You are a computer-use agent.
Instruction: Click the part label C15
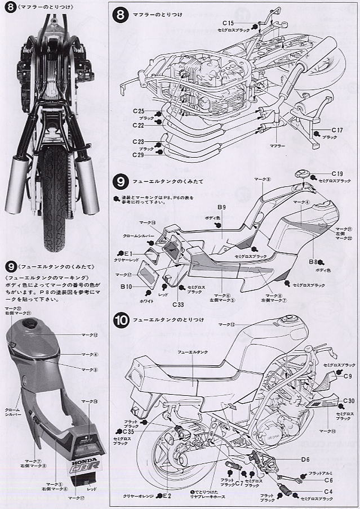(x=228, y=23)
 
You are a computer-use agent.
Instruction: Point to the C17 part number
(x=329, y=130)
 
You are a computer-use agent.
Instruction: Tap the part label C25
(x=139, y=111)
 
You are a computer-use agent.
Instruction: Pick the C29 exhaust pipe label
(x=139, y=154)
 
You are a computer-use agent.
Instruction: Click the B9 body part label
(x=221, y=208)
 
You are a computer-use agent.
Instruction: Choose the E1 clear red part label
(x=129, y=254)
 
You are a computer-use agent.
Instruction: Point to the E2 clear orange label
(x=166, y=495)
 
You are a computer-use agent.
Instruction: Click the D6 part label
(x=305, y=459)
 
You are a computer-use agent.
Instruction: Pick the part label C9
(x=348, y=376)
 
